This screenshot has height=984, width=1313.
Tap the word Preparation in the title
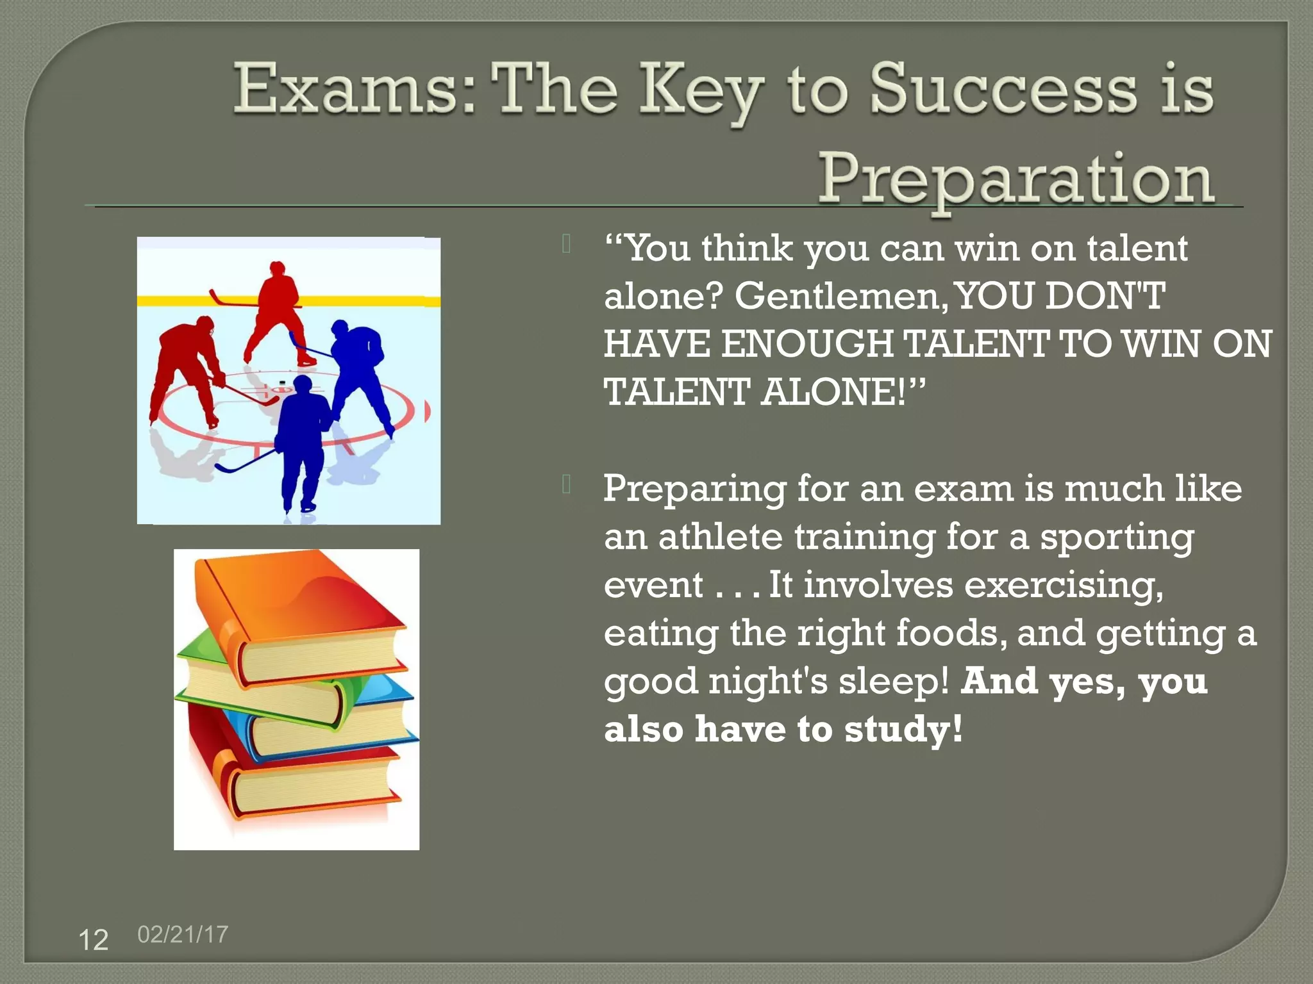[x=1016, y=180]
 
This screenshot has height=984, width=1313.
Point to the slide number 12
[x=93, y=940]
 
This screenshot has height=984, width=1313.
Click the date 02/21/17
[x=183, y=934]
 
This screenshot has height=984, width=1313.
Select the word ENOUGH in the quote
[x=807, y=344]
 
